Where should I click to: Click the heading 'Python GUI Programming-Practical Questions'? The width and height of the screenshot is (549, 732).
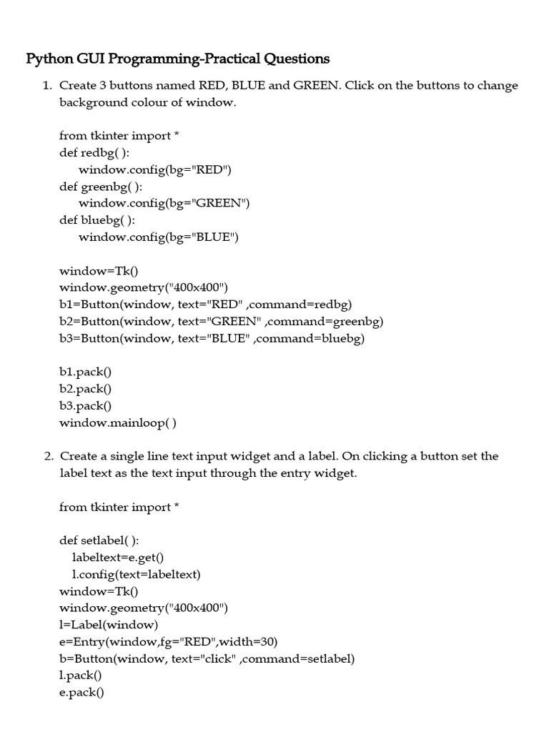tap(178, 59)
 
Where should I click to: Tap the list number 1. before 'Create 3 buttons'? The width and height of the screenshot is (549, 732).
tap(47, 86)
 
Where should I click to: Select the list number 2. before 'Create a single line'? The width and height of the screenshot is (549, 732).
tap(47, 456)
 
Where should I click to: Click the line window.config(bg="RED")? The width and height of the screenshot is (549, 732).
tap(155, 169)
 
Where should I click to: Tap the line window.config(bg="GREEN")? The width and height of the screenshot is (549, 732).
tap(164, 203)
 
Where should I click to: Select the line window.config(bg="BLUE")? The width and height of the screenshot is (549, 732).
tap(158, 237)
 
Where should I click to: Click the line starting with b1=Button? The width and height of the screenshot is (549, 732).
tap(206, 305)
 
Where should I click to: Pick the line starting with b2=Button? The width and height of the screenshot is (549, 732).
tap(222, 322)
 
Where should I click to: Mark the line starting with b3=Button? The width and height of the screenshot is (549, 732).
tap(212, 339)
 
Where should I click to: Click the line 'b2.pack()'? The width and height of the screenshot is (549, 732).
tap(86, 389)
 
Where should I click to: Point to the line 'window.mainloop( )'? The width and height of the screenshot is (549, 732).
tap(118, 422)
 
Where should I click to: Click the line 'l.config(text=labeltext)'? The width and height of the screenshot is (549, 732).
tap(137, 574)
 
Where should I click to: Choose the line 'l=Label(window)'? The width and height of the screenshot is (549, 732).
tap(104, 625)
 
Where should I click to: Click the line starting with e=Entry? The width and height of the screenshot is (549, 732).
tap(169, 641)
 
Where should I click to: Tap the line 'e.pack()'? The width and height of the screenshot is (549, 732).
tap(81, 692)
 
